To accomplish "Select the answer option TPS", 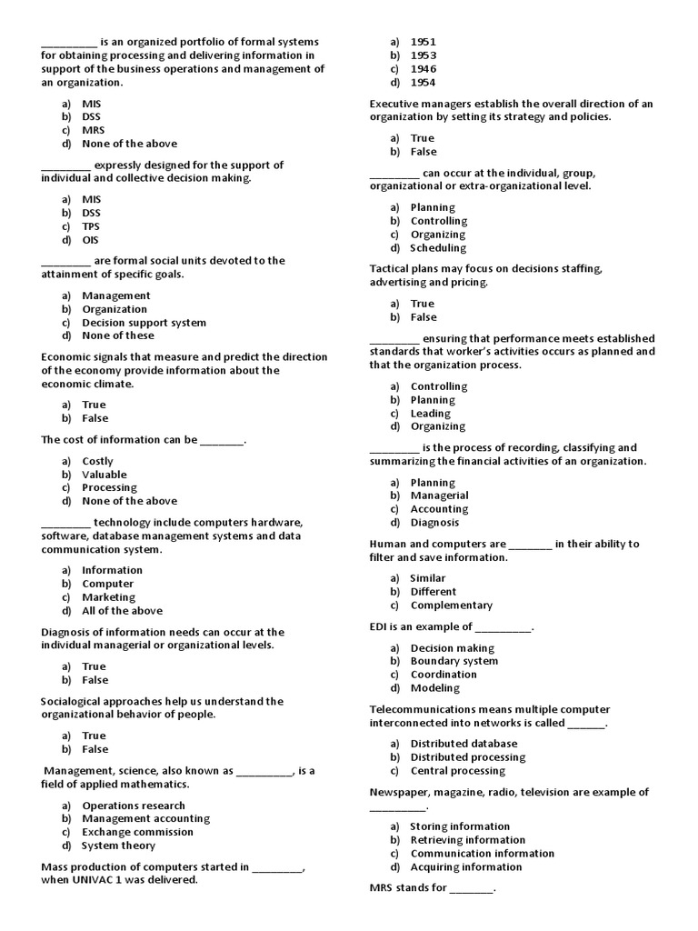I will [91, 226].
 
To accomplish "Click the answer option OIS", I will [90, 240].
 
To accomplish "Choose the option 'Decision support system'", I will [144, 323].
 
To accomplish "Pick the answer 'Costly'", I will [97, 461].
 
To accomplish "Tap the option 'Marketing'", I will [108, 597].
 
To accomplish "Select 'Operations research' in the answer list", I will [133, 806].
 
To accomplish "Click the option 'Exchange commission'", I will [133, 832].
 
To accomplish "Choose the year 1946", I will [423, 69].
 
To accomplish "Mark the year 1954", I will [423, 83].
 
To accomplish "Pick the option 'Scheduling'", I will [438, 247].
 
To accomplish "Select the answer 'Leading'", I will [431, 414].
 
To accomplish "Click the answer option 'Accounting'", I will [439, 509].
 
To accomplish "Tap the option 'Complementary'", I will [451, 606].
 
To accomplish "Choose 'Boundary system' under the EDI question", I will [454, 661].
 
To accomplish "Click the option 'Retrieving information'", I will [467, 840].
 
